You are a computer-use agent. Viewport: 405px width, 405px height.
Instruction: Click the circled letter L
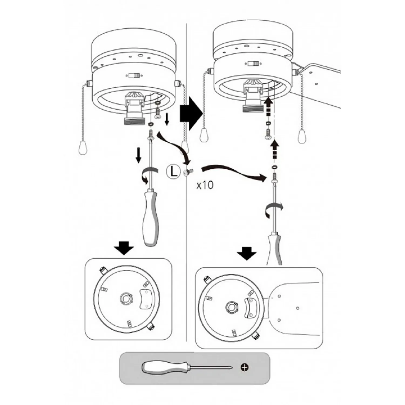click(173, 171)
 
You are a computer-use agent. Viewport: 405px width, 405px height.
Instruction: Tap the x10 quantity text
click(205, 185)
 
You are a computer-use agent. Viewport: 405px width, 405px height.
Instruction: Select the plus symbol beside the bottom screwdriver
click(245, 367)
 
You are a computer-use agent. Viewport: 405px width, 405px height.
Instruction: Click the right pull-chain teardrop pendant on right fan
click(302, 136)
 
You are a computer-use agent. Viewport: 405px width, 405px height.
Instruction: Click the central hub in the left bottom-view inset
click(125, 299)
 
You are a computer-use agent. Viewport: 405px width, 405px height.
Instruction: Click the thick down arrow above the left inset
click(123, 248)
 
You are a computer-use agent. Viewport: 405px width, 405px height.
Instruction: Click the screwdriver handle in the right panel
click(274, 250)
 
